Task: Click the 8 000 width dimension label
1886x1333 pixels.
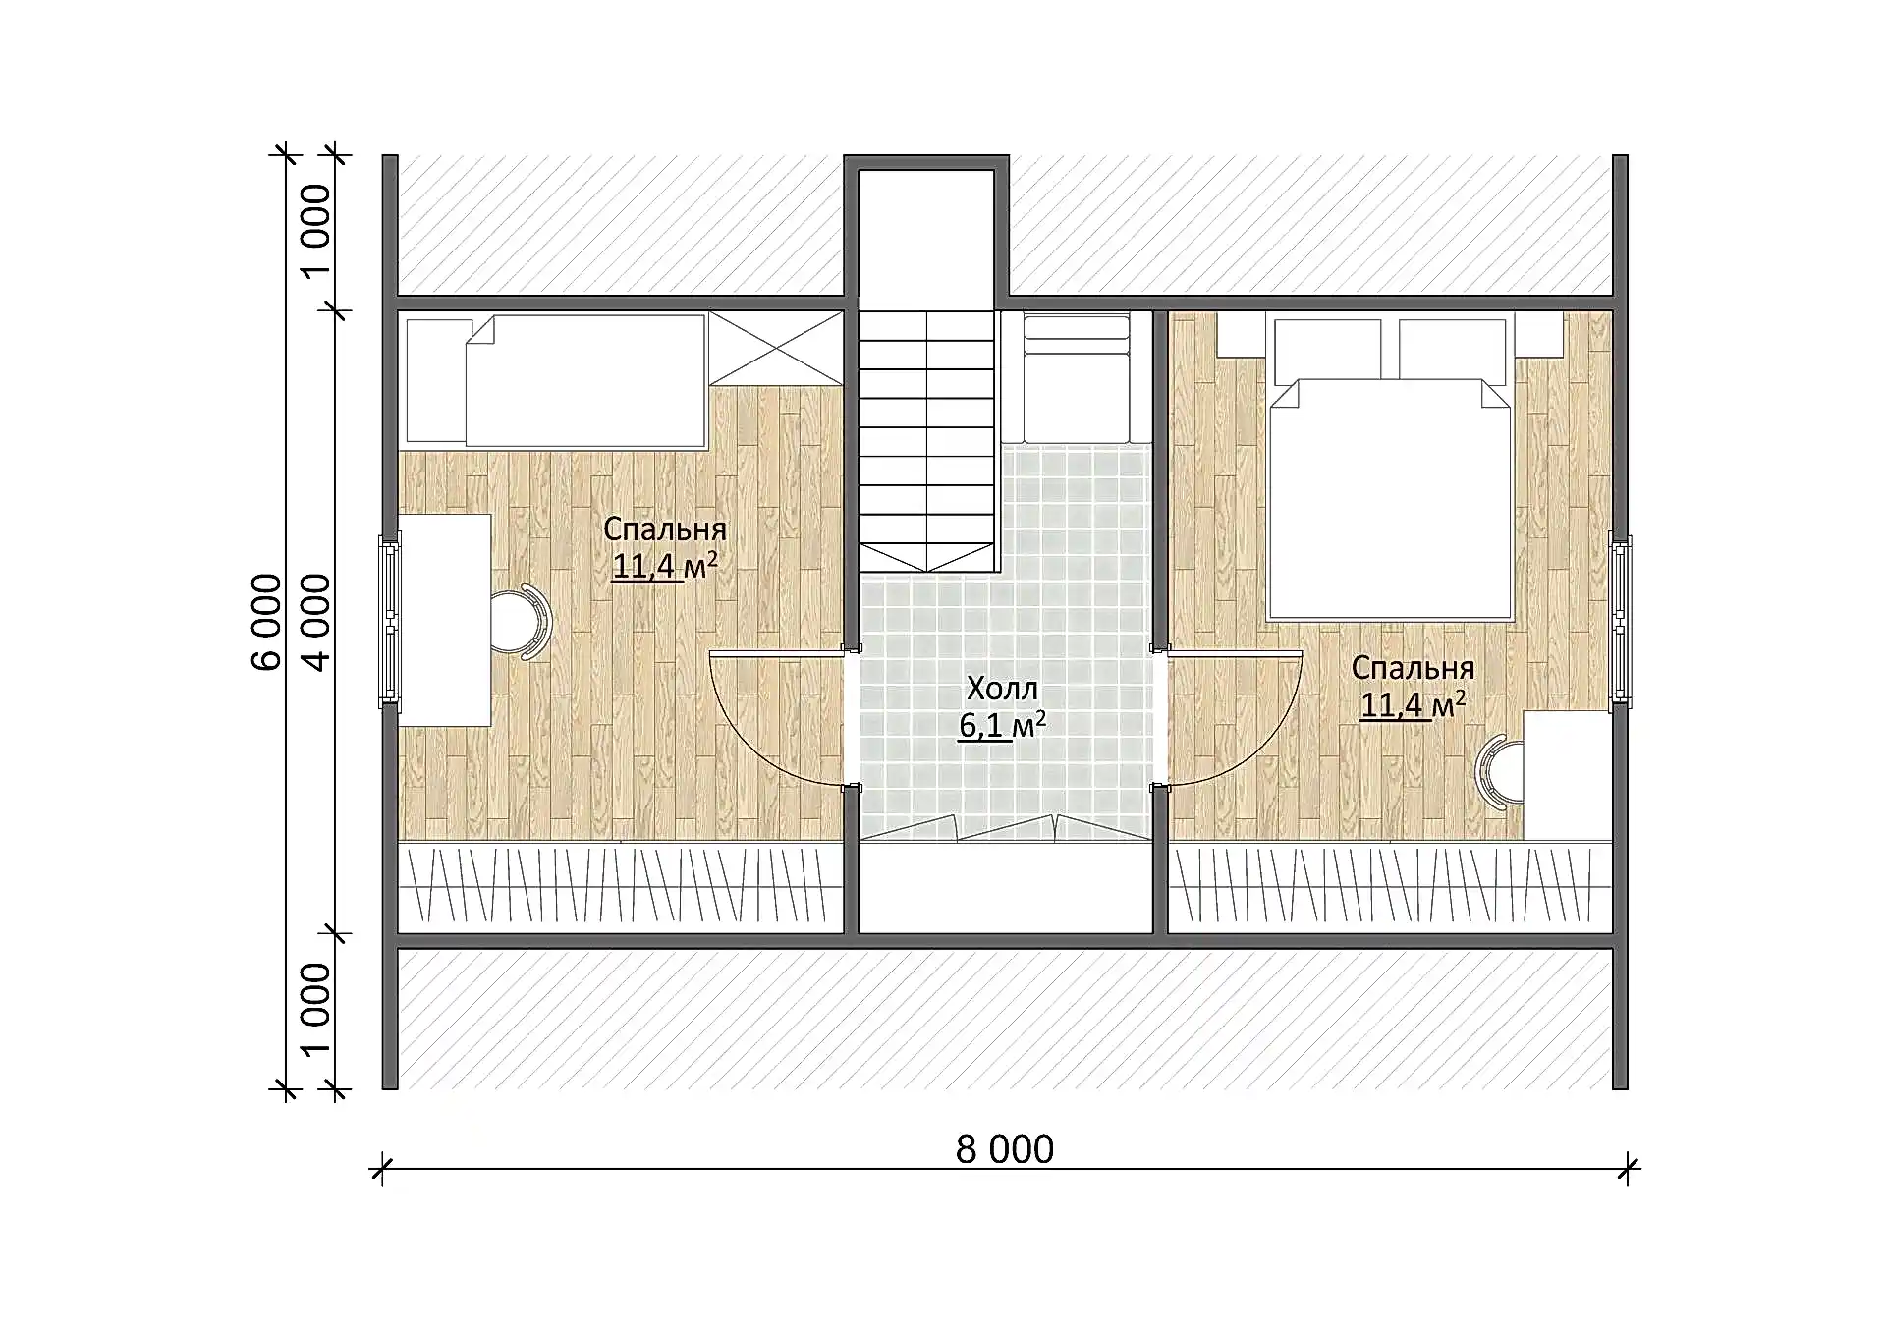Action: click(x=1004, y=1148)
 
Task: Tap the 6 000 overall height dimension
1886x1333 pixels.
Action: click(x=267, y=622)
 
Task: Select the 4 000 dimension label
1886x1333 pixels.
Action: click(x=316, y=622)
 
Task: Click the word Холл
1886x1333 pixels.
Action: click(x=1002, y=688)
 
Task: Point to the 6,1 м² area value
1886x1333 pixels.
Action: click(x=1002, y=725)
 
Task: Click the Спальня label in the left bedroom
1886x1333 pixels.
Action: click(x=665, y=528)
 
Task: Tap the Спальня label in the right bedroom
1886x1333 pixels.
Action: click(x=1413, y=667)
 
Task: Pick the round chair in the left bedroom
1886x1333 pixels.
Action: click(x=521, y=621)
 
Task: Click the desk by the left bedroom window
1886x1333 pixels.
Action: click(x=444, y=620)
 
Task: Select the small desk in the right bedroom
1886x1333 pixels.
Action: click(x=1568, y=775)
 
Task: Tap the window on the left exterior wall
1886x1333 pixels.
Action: click(x=390, y=621)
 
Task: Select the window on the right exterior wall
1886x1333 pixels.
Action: click(x=1620, y=621)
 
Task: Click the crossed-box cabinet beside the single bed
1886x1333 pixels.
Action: click(x=776, y=349)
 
